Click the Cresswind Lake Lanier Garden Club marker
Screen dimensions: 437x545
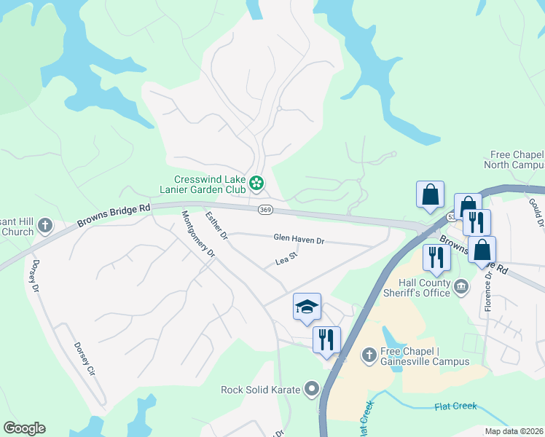[256, 183]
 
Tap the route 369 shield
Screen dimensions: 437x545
[264, 209]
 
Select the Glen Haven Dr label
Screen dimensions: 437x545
[298, 237]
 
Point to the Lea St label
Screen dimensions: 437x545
[287, 258]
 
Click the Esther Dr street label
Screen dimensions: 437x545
[216, 226]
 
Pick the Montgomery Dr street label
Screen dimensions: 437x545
[198, 234]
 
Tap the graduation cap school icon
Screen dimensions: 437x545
[307, 307]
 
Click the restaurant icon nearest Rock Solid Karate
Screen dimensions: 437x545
[326, 339]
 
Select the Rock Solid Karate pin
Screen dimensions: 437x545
[312, 389]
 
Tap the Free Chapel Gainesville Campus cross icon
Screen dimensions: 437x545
[369, 355]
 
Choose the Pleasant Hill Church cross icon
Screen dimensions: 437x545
[44, 225]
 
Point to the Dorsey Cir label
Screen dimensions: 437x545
[86, 359]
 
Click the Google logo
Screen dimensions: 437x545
[24, 428]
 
